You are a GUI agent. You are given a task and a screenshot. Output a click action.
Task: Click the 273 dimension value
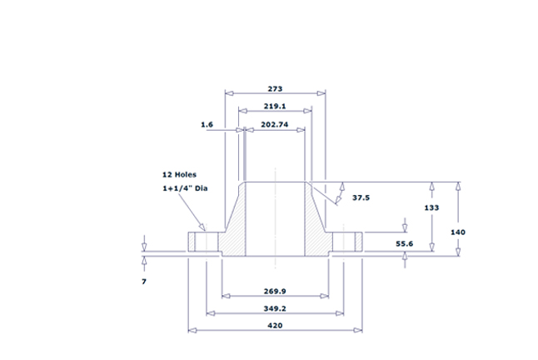[x=276, y=88]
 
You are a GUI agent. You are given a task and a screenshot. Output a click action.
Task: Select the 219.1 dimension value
[x=276, y=107]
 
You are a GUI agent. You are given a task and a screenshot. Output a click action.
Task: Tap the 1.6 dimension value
[x=207, y=124]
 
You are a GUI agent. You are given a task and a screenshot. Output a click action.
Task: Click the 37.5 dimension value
[x=361, y=197]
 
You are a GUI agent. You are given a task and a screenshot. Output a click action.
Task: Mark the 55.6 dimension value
[x=405, y=243]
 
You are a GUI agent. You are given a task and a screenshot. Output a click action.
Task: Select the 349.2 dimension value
[x=276, y=309]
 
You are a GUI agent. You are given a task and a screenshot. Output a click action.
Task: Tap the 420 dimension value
[x=276, y=326]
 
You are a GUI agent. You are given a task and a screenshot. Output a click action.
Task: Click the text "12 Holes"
[x=179, y=175]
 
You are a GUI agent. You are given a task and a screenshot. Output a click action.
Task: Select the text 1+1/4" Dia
[x=184, y=189]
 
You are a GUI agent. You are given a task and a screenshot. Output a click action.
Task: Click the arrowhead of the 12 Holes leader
[x=202, y=229]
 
